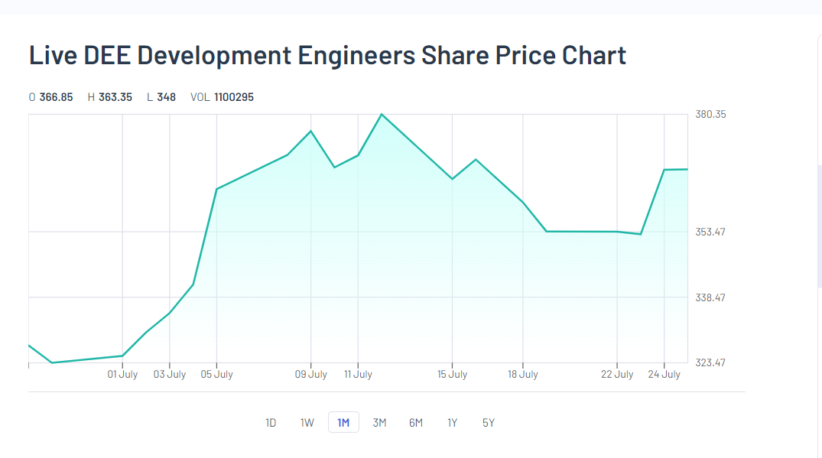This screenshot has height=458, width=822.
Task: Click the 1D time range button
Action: tap(271, 423)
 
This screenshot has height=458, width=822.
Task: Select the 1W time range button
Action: tap(307, 423)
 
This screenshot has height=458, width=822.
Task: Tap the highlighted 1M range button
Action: tap(343, 423)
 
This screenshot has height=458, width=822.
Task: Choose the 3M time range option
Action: tap(379, 423)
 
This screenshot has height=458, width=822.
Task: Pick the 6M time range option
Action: tap(416, 423)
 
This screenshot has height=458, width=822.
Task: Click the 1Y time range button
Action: tap(452, 423)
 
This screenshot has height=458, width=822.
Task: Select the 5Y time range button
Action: tap(489, 423)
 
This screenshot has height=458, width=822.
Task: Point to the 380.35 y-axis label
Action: tap(710, 115)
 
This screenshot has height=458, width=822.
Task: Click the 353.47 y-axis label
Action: tap(710, 232)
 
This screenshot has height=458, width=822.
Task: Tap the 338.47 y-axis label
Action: tap(710, 297)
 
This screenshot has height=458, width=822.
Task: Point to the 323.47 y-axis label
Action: tap(710, 362)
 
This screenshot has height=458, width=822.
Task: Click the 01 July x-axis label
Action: tap(122, 375)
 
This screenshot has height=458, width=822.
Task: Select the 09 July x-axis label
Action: tap(311, 375)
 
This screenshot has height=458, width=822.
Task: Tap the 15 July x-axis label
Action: tap(452, 375)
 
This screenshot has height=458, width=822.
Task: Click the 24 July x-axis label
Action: tap(664, 375)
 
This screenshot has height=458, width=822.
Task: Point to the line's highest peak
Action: tap(382, 115)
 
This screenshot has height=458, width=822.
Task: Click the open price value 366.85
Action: tap(56, 97)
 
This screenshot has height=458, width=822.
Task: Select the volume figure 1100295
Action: tap(234, 97)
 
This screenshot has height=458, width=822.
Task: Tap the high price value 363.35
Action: tap(115, 97)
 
